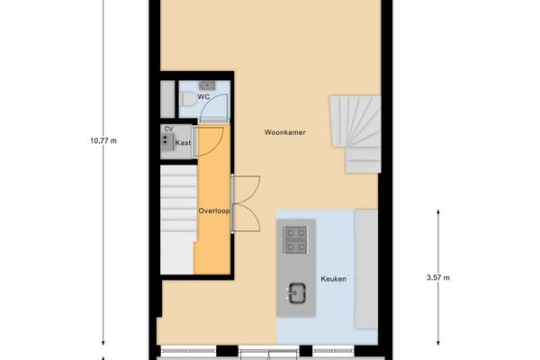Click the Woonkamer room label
click(x=284, y=132)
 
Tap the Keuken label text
click(x=333, y=279)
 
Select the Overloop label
click(x=214, y=211)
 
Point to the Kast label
click(x=183, y=143)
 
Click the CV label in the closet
click(x=168, y=130)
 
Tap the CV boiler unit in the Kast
click(x=167, y=142)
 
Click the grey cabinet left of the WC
click(x=166, y=98)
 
